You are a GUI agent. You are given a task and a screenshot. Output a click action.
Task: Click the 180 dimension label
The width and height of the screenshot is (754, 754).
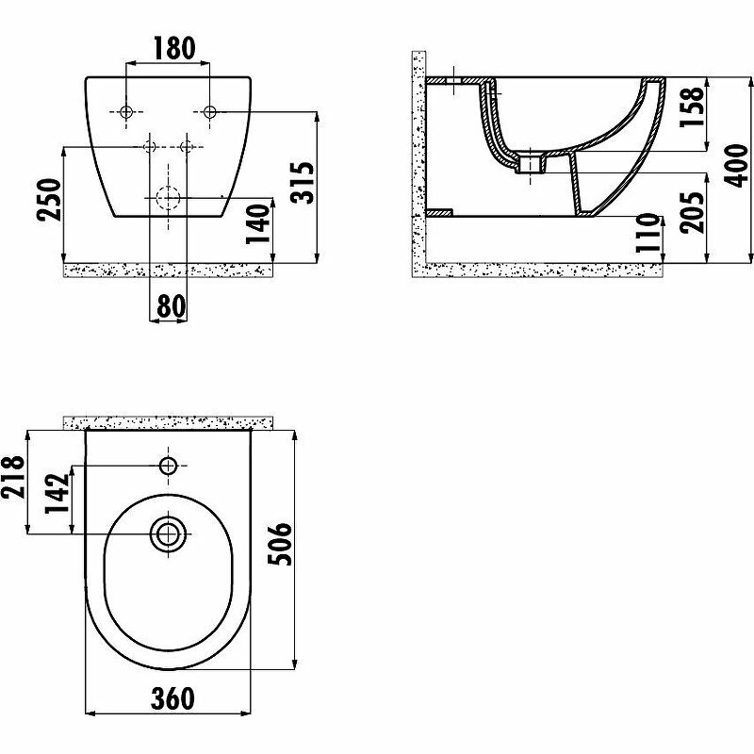174,48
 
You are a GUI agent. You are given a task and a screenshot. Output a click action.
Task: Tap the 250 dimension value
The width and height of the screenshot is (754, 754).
50,200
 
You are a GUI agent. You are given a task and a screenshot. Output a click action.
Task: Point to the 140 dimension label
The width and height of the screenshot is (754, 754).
257,224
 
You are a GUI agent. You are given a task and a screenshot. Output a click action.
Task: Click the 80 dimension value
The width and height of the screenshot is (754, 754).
171,305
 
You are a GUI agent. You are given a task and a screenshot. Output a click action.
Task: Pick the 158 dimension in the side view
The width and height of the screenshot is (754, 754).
692,107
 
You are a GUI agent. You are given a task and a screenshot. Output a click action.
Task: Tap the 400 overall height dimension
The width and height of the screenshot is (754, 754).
736,166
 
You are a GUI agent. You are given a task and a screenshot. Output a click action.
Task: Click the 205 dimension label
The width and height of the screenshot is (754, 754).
692,213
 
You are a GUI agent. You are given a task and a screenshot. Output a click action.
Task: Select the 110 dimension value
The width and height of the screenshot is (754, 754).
647,233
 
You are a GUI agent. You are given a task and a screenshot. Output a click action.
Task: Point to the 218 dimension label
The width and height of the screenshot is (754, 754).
13,477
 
